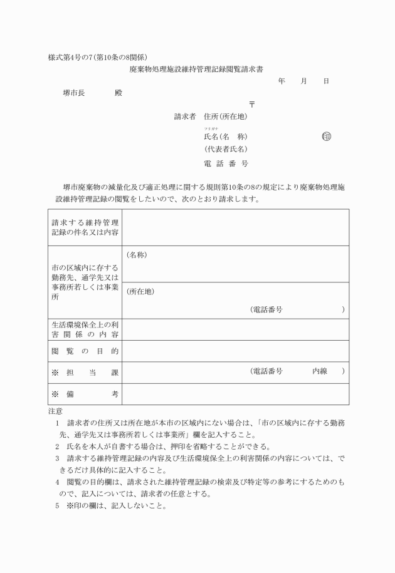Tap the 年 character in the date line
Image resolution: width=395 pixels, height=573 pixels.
click(282, 81)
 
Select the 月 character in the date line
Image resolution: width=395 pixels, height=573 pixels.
click(304, 81)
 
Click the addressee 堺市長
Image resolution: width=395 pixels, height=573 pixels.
click(74, 93)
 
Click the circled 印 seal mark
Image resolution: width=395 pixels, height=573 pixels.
click(326, 137)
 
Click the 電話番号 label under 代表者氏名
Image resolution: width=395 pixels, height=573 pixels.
click(226, 163)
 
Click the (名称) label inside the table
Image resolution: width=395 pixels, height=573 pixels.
click(137, 255)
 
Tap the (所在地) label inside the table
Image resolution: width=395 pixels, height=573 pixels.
click(140, 291)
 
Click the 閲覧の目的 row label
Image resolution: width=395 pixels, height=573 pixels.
click(85, 351)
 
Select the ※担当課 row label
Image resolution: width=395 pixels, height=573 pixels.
click(85, 372)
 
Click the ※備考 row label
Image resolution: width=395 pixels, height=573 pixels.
click(85, 394)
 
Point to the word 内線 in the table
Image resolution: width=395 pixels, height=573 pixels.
click(320, 371)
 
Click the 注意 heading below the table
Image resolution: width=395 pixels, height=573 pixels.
click(55, 411)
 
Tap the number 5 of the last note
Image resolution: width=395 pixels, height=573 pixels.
click(57, 506)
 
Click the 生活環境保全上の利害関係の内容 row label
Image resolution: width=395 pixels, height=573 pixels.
click(85, 329)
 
